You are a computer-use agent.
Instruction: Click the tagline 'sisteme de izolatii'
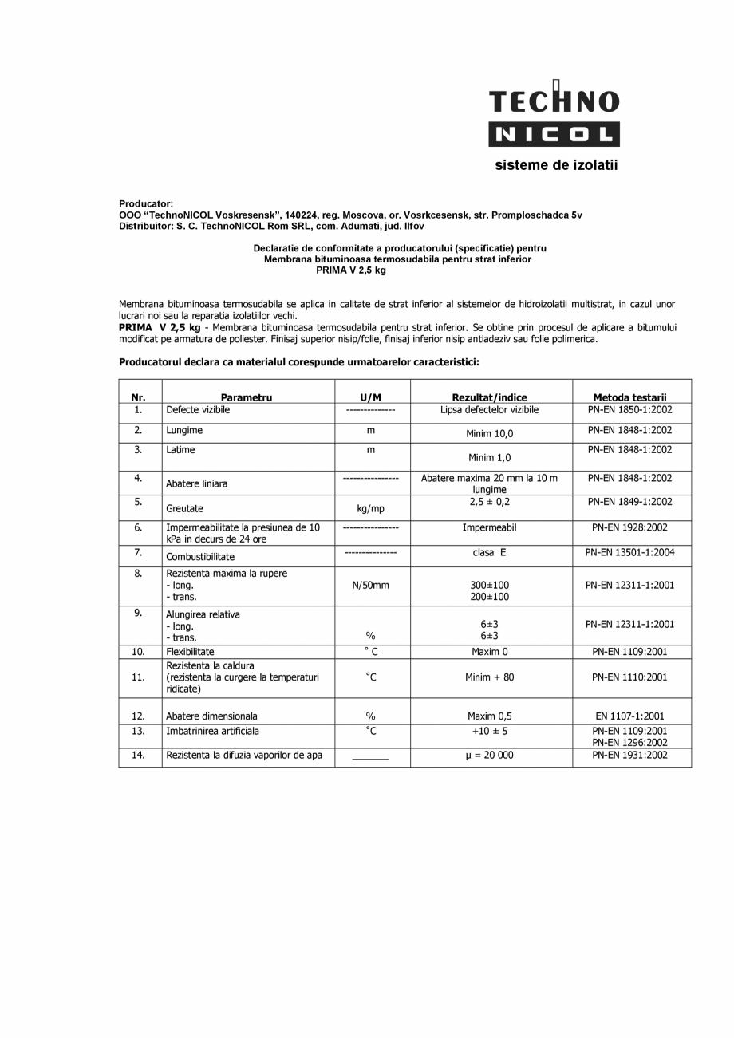[556, 166]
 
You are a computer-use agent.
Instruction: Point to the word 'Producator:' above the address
[146, 204]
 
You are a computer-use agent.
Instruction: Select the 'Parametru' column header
[247, 397]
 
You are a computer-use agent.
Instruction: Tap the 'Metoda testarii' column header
[629, 397]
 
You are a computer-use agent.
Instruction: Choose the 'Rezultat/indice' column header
[489, 397]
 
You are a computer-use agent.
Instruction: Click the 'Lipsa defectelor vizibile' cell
[489, 410]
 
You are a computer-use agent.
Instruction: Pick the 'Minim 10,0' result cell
[490, 434]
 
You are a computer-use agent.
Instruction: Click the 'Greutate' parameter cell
[184, 508]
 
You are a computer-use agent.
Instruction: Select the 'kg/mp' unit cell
[370, 508]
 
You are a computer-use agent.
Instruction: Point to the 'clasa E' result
[489, 552]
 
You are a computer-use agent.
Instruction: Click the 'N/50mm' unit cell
[370, 585]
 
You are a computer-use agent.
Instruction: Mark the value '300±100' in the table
[490, 585]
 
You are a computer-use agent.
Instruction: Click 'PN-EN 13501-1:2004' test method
[629, 552]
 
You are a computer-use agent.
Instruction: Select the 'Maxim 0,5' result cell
[489, 716]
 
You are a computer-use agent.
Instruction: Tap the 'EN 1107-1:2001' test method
[629, 716]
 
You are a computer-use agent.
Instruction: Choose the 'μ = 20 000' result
[489, 755]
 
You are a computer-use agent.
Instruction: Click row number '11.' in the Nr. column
[139, 677]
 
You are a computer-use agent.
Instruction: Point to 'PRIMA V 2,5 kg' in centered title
[350, 270]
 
